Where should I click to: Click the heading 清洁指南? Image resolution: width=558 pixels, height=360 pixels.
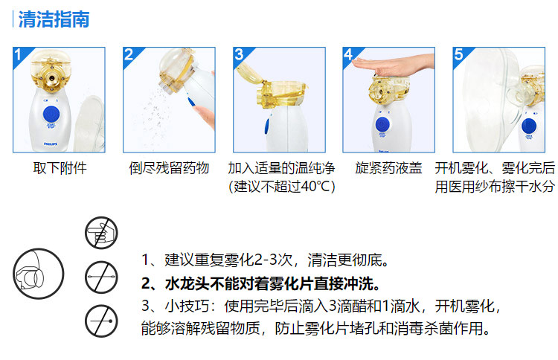coord(54,19)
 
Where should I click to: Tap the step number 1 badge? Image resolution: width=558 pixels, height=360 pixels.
coord(19,54)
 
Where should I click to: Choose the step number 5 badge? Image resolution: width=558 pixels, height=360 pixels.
coord(459,54)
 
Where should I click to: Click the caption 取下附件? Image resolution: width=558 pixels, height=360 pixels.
coord(60,168)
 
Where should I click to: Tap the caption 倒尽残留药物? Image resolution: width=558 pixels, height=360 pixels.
coord(169,168)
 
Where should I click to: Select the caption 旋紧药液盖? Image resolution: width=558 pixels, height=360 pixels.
coord(388,168)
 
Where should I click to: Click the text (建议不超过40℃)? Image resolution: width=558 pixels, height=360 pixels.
coord(281,187)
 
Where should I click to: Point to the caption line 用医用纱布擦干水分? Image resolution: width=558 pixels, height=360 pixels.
coord(495,187)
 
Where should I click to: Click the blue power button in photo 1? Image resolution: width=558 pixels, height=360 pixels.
coord(51,115)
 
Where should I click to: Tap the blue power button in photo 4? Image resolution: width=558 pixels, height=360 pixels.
coord(382,124)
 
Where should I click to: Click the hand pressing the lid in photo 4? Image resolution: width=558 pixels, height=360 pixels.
coord(395,65)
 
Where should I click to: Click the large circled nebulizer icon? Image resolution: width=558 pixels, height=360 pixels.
coord(39,274)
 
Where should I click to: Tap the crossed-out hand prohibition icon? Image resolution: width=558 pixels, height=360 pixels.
coord(101,233)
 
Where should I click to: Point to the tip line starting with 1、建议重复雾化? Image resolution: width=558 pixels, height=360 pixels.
coord(265,260)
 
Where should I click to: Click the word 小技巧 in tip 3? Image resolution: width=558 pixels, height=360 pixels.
coord(187,306)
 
